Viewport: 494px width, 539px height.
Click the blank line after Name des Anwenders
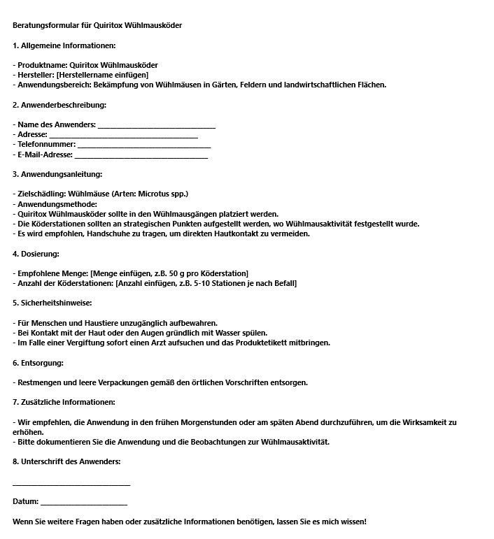[x=156, y=127]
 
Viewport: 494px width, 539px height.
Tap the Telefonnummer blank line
[x=144, y=146]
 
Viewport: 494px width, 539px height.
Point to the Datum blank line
[x=84, y=503]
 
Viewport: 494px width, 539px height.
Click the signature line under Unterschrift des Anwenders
[x=71, y=484]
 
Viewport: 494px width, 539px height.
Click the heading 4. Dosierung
[x=36, y=253]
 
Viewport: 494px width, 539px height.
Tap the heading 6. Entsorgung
[x=38, y=363]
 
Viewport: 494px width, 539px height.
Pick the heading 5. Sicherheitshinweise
[x=52, y=303]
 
